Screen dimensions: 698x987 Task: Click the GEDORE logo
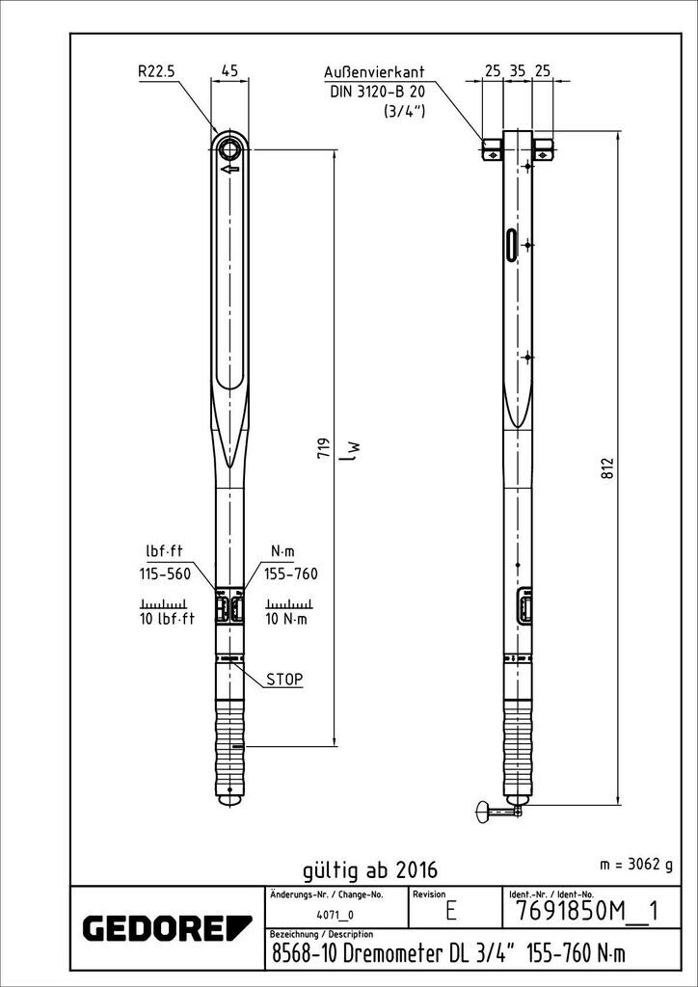pos(153,928)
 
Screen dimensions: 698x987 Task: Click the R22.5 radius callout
pos(156,71)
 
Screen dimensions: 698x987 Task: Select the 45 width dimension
pos(230,70)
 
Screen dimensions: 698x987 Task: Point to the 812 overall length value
pos(607,467)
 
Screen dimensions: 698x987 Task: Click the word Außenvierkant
pos(374,71)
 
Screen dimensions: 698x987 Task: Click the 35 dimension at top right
pos(518,71)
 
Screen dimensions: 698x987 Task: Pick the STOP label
pos(284,680)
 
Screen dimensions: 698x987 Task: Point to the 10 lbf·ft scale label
pos(166,619)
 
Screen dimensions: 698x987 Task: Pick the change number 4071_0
pos(336,915)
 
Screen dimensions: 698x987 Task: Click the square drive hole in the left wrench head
pos(229,148)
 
